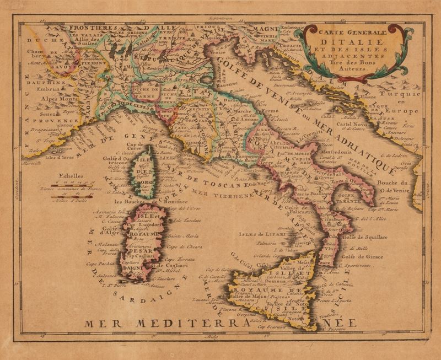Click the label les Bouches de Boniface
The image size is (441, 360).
coord(144,202)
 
